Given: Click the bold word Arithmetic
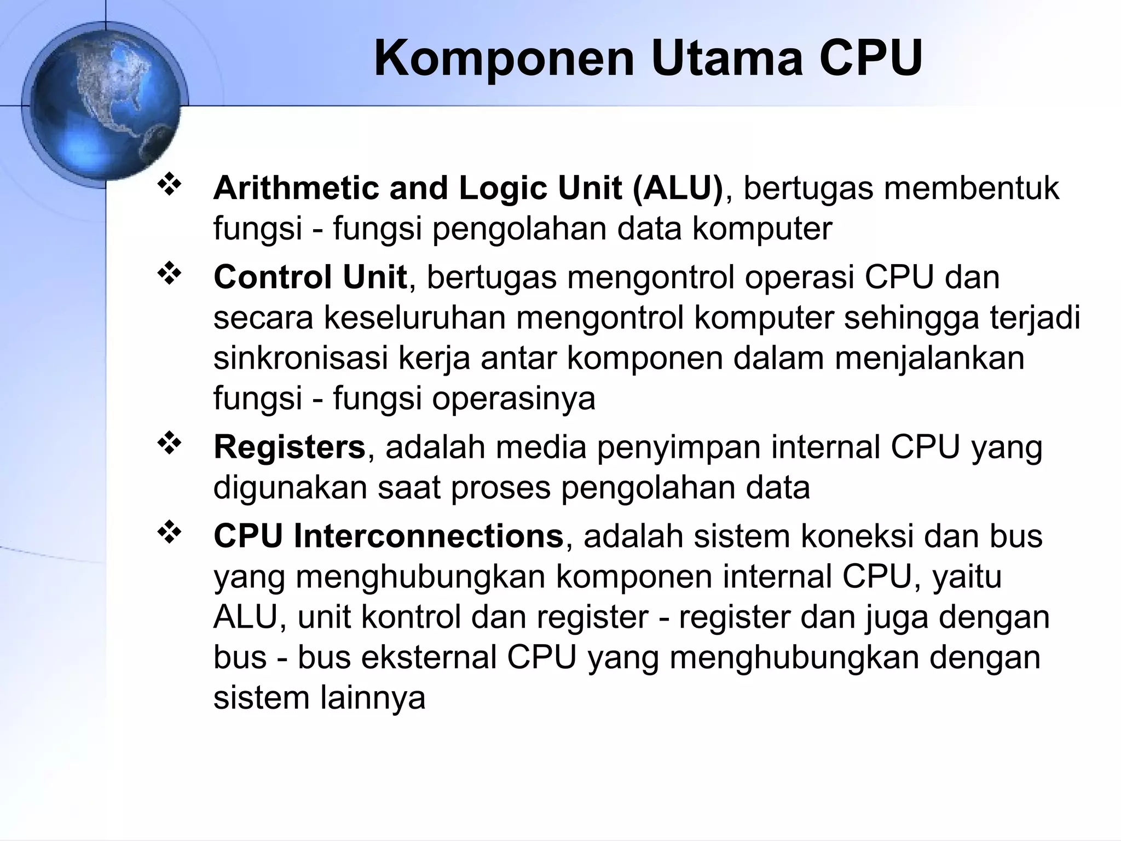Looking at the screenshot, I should pos(296,188).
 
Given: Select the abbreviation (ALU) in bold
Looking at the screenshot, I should pos(678,188).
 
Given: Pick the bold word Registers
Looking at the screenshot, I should pos(289,447).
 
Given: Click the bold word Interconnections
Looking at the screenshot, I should pos(429,536).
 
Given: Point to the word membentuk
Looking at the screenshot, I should pos(971,188).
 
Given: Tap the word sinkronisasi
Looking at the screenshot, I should pos(300,358).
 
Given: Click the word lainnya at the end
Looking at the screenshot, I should pos(372,698).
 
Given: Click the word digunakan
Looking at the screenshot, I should pos(290,488).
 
